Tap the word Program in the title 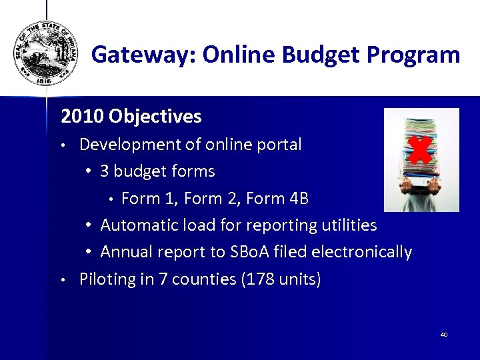tap(415, 55)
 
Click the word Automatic tap(137, 225)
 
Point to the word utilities tap(345, 225)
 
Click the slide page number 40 tap(443, 334)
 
